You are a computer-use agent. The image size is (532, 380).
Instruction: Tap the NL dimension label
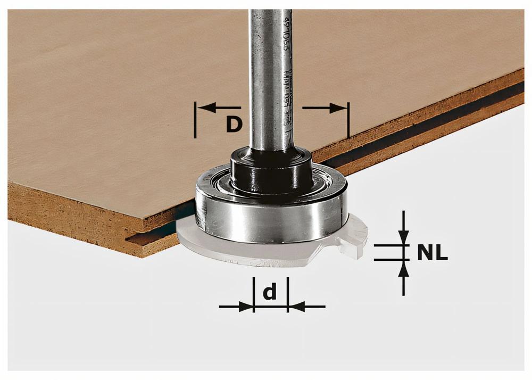coord(432,252)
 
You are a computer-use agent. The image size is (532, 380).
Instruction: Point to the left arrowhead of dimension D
coord(207,108)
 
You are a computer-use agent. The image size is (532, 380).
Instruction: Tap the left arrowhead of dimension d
coord(246,307)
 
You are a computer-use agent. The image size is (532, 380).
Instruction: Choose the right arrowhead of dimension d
coord(295,307)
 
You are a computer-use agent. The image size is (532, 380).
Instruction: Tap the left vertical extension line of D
coord(196,120)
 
